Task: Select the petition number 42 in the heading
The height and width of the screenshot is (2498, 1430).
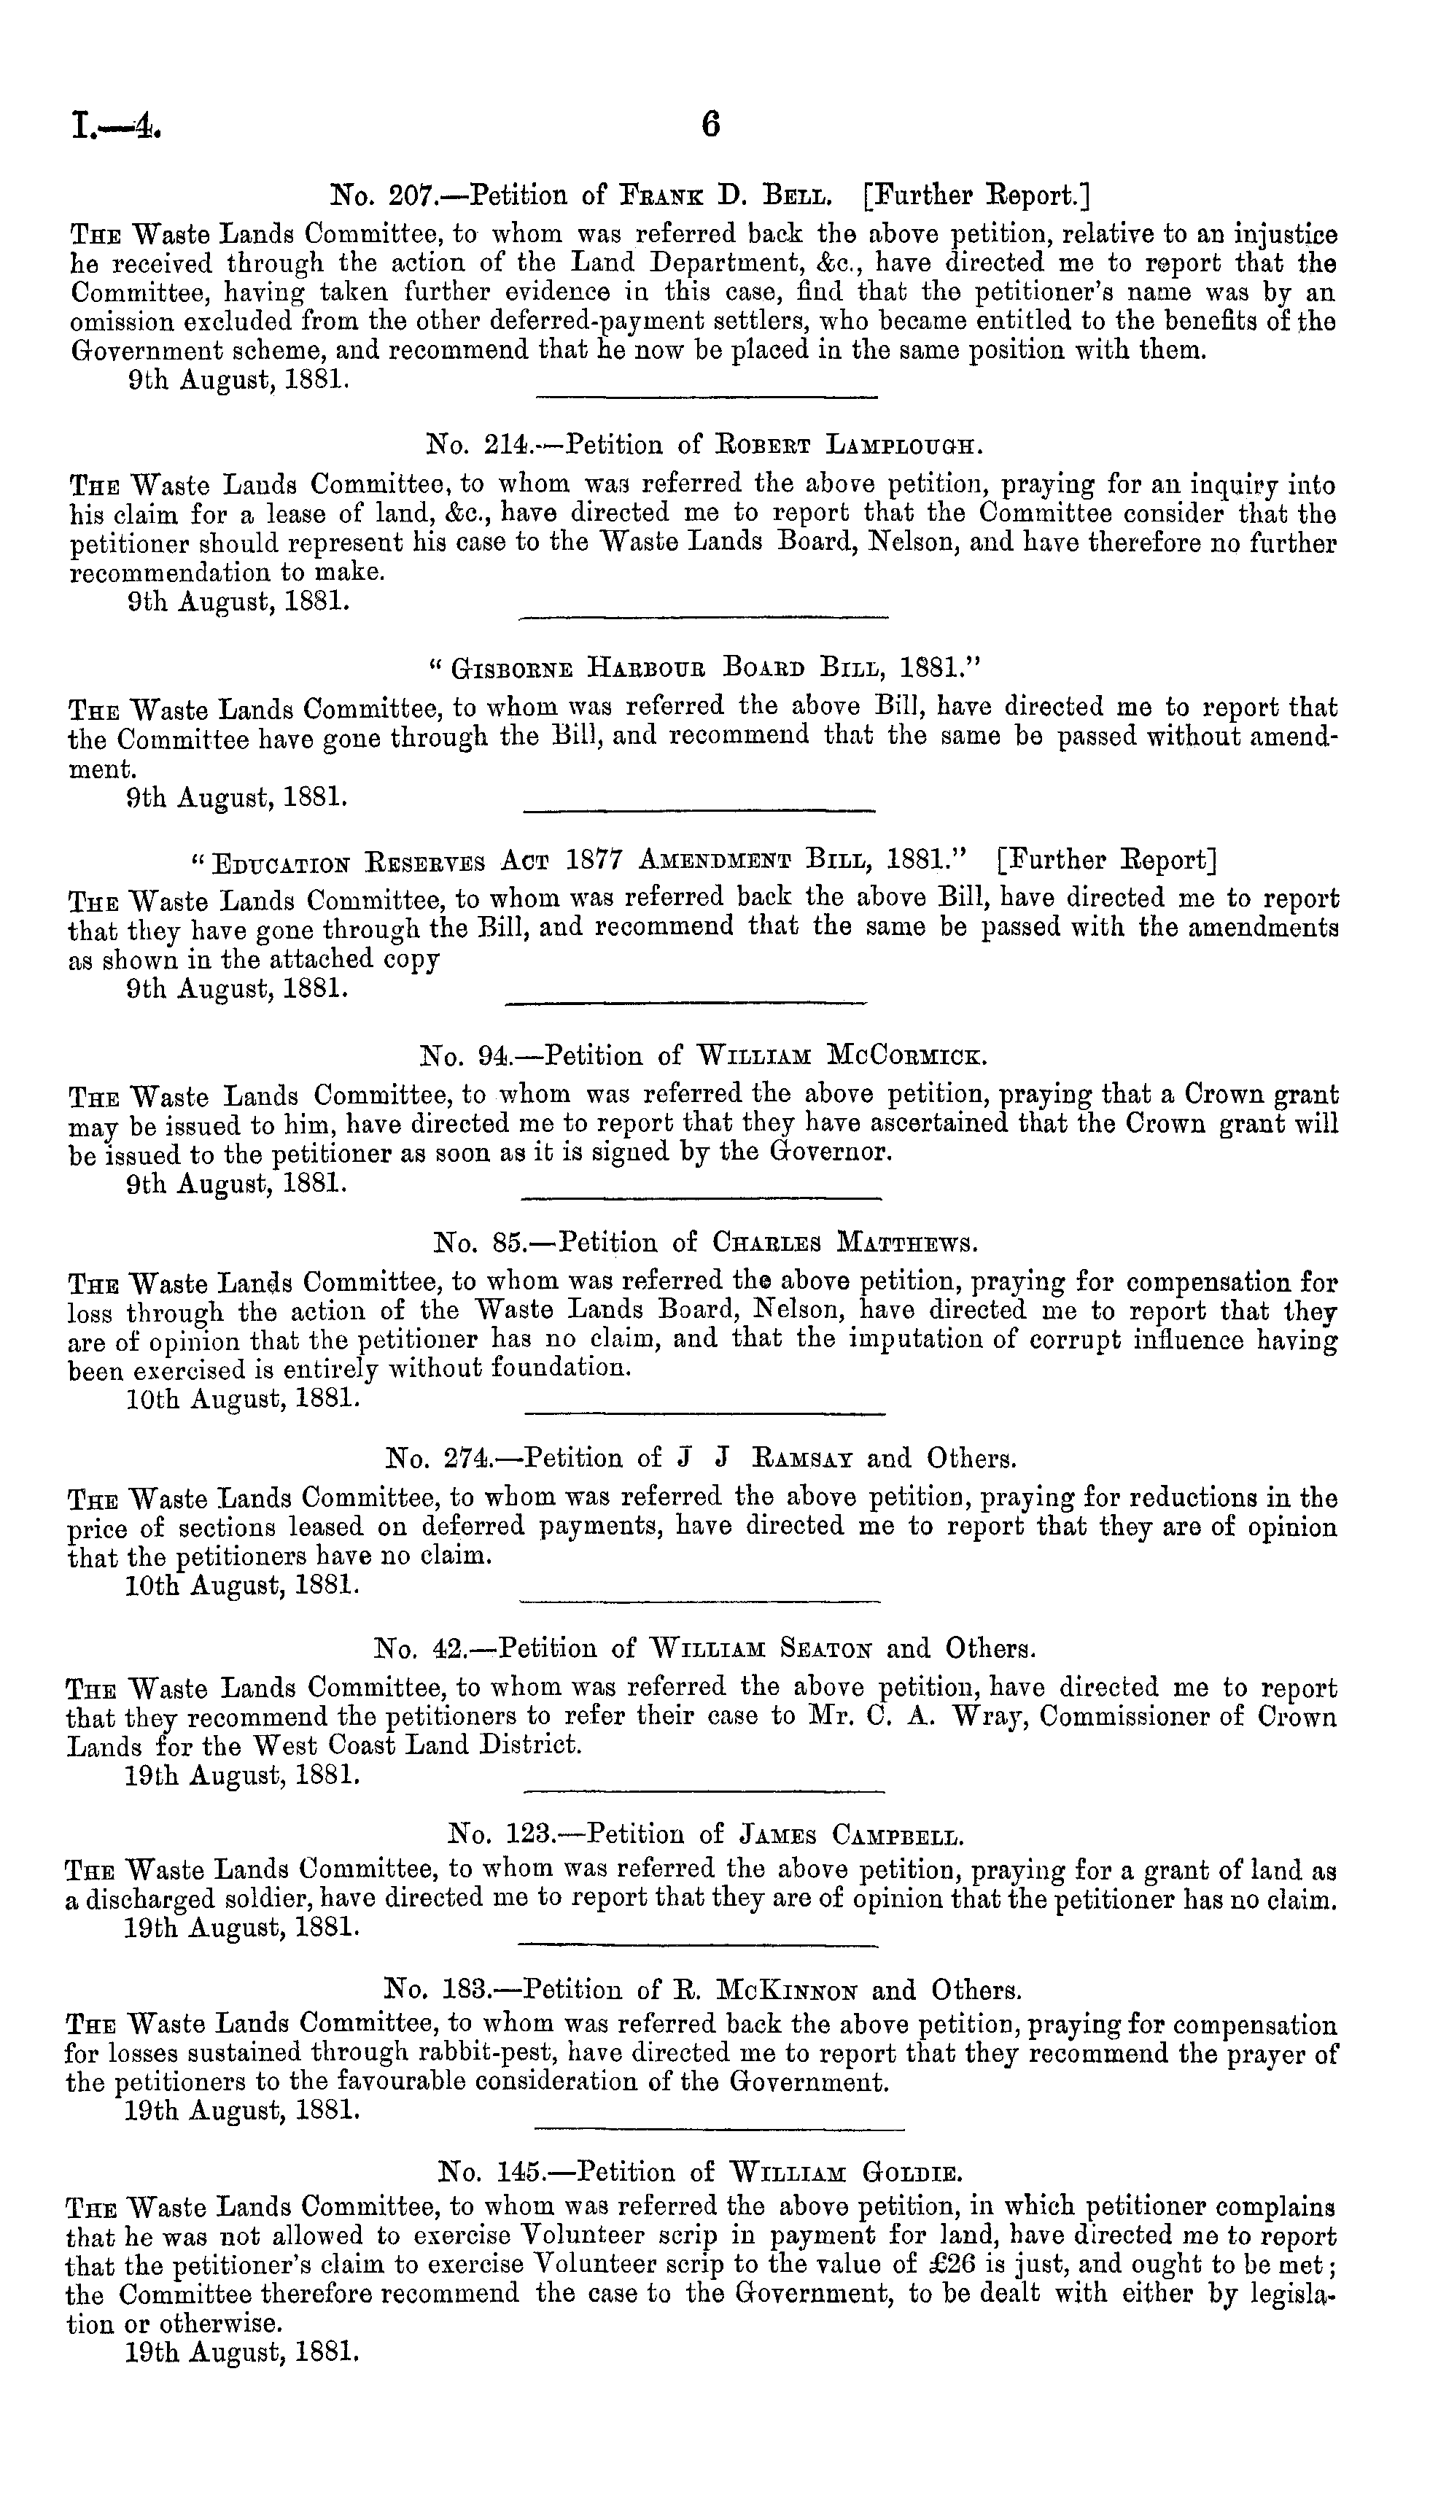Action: click(x=449, y=1646)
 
